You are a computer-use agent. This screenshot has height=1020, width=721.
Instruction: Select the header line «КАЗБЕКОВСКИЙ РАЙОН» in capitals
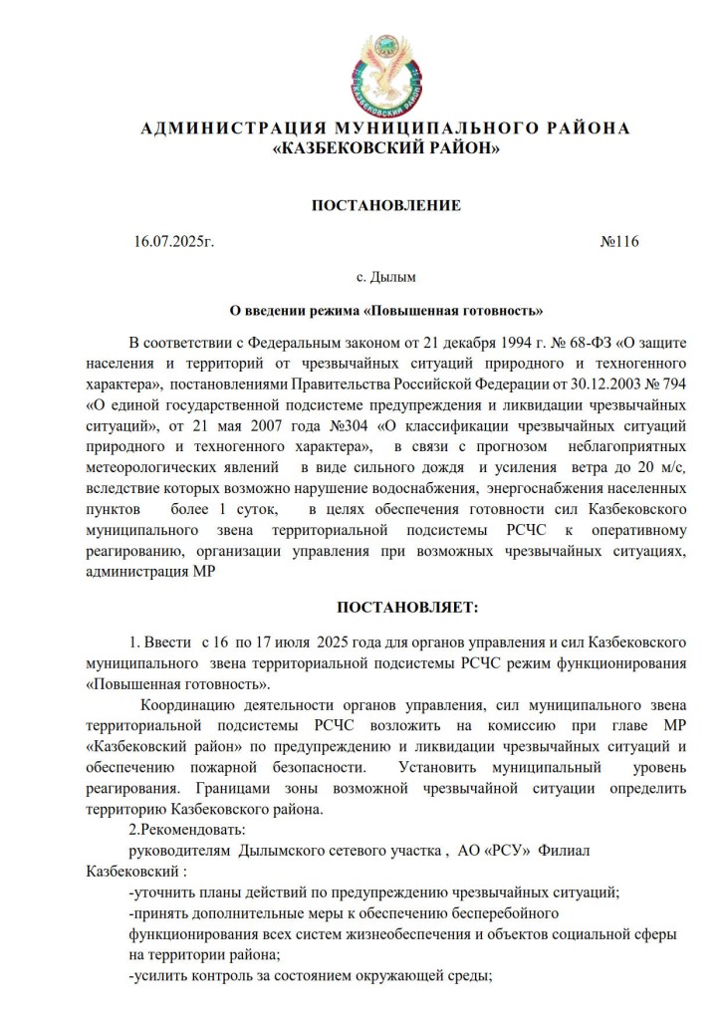[x=385, y=149]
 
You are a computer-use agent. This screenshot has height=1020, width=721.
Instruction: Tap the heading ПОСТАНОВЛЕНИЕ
[x=386, y=206]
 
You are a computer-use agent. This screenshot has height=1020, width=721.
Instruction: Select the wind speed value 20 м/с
[x=657, y=466]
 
